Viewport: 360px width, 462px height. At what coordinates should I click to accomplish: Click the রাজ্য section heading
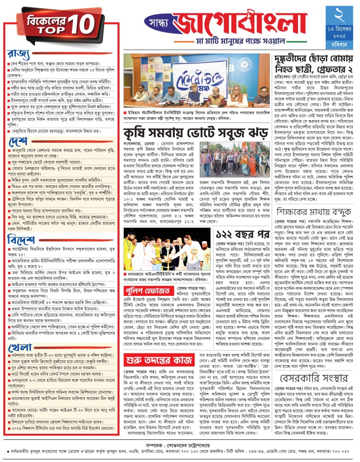click(19, 53)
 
